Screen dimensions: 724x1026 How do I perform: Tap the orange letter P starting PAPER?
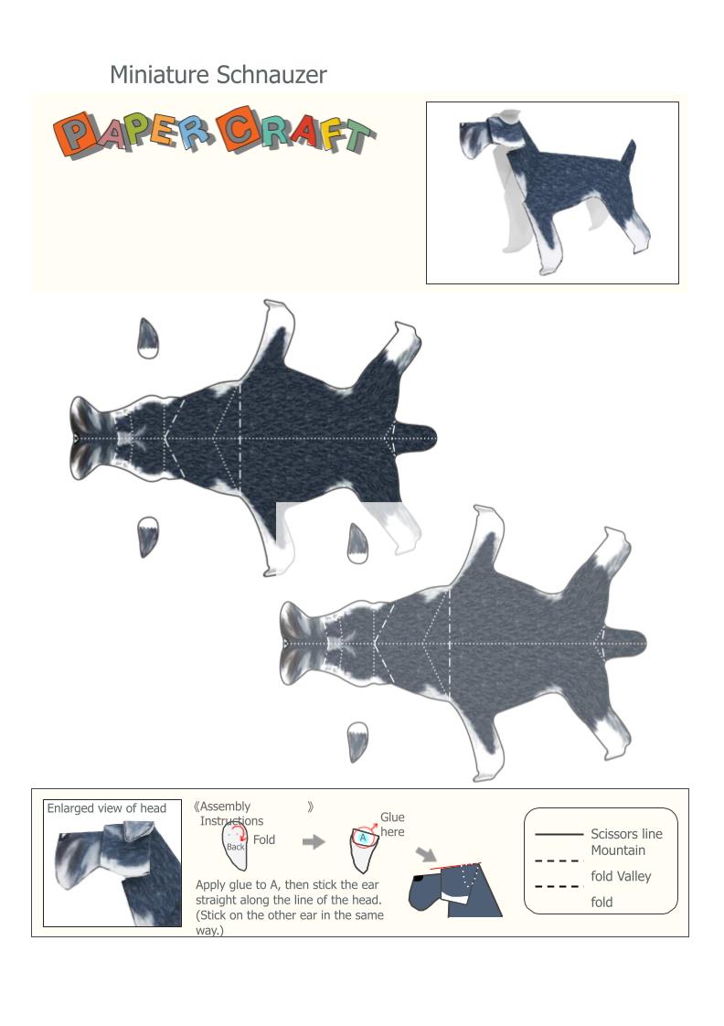72,134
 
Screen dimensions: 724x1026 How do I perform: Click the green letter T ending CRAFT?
358,135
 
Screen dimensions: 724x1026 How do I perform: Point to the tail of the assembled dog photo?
629,154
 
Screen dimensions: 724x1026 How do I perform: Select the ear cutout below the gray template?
357,742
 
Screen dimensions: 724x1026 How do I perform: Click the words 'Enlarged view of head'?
107,808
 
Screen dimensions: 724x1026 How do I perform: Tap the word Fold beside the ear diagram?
264,839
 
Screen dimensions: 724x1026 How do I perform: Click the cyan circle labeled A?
363,838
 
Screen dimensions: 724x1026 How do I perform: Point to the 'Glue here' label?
392,825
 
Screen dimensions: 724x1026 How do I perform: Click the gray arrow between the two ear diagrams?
314,841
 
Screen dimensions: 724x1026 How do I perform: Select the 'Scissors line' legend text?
626,834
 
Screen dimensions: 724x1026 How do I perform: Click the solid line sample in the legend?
559,834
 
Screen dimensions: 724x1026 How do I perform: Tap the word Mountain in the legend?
618,850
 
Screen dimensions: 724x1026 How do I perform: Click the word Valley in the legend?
634,876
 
